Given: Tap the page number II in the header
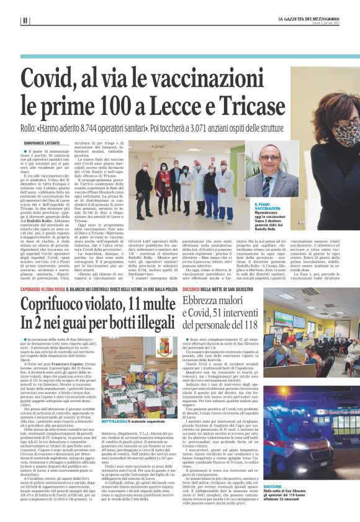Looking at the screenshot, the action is [x=25, y=20].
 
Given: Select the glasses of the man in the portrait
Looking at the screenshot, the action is [x=269, y=158].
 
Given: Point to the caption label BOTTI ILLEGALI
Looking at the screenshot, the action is [x=114, y=403].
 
